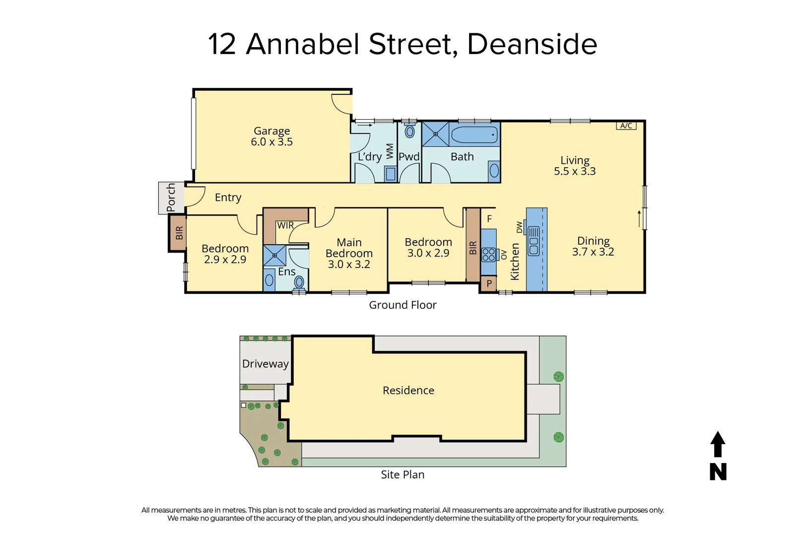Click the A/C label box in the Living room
626,126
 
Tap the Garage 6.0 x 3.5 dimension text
271,142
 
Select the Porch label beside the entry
171,198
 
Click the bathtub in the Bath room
474,134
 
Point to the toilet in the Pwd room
409,131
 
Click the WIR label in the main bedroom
285,225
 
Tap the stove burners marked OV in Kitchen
489,255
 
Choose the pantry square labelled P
489,284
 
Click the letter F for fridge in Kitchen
489,219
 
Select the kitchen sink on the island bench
534,241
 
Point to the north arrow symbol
718,445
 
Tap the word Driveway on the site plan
265,364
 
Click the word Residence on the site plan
408,391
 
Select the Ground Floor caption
403,305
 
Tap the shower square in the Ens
274,256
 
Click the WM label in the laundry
390,151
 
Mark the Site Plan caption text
403,475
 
